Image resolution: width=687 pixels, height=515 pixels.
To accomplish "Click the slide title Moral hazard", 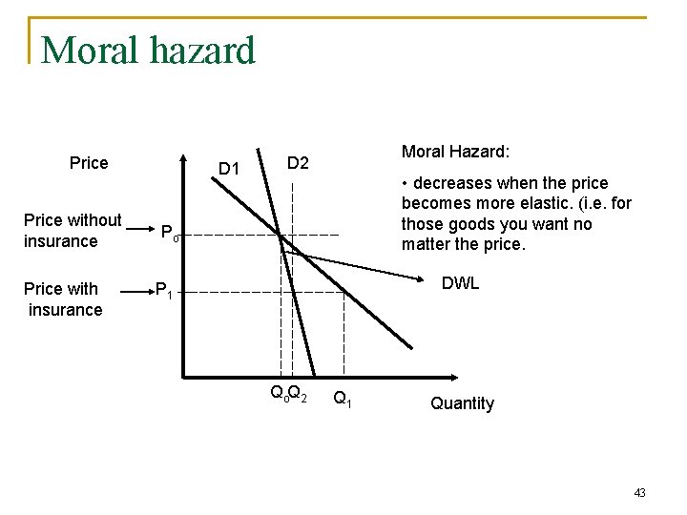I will point(148,51).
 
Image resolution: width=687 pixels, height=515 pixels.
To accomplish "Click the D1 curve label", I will point(229,169).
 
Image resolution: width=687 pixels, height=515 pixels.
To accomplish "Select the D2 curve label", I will point(298,163).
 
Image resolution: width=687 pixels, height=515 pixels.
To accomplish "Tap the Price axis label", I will point(89,163).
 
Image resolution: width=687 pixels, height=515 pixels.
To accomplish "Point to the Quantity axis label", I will point(462,403).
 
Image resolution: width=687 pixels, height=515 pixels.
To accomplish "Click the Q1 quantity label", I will point(342,399).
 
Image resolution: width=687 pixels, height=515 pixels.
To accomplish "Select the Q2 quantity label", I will point(298,392).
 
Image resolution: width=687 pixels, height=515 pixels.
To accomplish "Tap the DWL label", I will point(460,283).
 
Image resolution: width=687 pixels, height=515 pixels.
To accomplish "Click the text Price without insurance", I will point(73,231).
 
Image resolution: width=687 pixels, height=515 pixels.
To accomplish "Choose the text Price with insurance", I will point(63,299).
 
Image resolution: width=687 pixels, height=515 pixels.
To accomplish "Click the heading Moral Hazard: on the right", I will point(455,152).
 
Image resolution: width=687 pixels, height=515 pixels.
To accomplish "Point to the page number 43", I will point(639,492).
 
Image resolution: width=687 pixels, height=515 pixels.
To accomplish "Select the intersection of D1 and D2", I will point(281,236).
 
